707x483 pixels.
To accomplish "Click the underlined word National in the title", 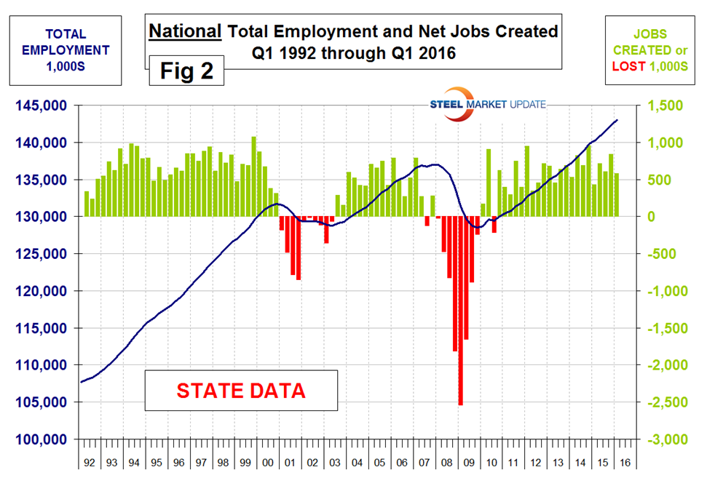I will (185, 31).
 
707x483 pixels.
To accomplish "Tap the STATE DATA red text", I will (240, 391).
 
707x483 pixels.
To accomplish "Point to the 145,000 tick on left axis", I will (47, 106).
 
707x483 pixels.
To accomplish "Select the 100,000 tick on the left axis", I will (47, 440).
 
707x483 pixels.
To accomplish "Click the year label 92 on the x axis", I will (90, 463).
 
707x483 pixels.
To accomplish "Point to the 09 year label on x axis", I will (470, 463).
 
